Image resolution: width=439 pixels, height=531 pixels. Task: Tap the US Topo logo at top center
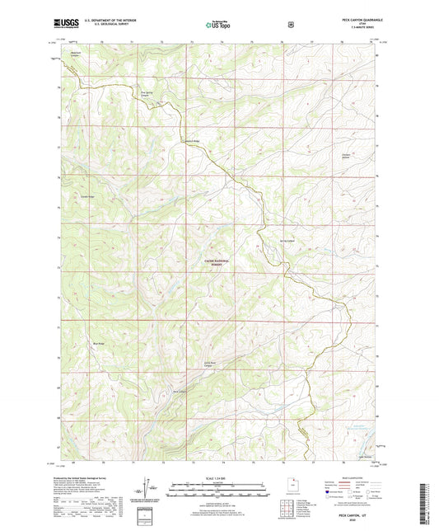click(219, 26)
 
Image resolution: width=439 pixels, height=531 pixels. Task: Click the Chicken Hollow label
click(346, 157)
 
